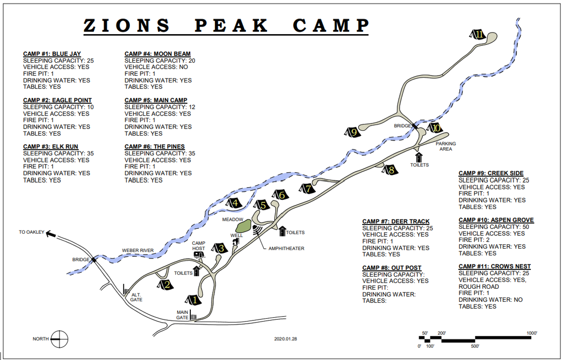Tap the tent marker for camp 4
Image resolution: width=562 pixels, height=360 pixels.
[234, 203]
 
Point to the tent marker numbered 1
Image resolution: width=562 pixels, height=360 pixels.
[193, 299]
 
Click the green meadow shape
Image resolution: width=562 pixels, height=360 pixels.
[243, 226]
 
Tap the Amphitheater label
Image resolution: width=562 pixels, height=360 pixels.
[286, 249]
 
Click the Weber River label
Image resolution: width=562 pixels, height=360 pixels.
[138, 250]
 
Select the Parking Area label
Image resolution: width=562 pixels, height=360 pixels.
[445, 146]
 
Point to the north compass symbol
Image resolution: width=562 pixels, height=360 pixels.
[60, 339]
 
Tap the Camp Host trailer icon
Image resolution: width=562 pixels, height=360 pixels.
[199, 254]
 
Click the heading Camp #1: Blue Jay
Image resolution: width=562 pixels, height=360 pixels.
[52, 54]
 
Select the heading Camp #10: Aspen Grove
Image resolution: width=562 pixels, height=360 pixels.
[496, 220]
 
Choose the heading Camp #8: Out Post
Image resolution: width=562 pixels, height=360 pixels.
[392, 268]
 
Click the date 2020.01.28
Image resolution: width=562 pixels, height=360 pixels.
[285, 339]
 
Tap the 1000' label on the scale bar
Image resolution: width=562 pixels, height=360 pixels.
[532, 333]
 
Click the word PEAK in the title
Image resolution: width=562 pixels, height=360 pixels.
[231, 26]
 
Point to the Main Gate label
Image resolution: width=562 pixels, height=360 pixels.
[183, 315]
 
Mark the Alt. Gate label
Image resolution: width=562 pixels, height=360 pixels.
[137, 297]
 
